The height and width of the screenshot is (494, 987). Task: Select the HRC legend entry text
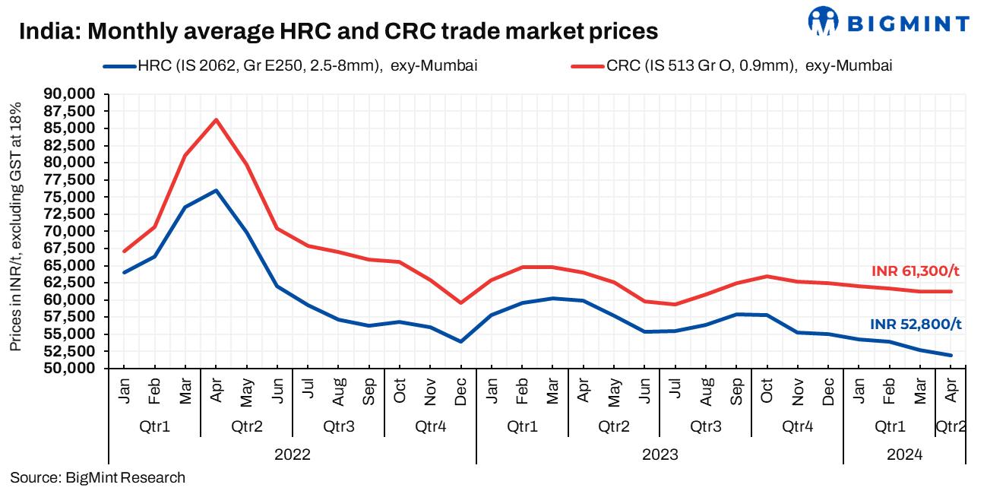click(x=307, y=66)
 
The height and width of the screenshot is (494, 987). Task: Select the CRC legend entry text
click(x=748, y=66)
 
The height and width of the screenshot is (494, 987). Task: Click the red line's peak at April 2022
click(x=216, y=119)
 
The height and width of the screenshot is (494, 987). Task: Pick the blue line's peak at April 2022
click(x=216, y=191)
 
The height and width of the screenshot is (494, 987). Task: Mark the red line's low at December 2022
click(x=461, y=302)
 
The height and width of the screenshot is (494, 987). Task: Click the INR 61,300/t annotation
click(x=916, y=271)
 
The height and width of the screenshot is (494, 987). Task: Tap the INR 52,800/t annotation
click(x=916, y=325)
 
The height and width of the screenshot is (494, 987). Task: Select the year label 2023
click(x=660, y=454)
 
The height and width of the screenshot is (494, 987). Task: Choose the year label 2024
click(x=904, y=454)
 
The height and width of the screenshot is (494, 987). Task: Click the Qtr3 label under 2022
click(x=338, y=427)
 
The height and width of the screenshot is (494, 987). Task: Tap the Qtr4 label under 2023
click(x=797, y=427)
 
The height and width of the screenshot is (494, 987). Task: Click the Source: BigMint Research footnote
click(x=97, y=478)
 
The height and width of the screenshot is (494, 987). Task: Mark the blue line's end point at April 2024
click(x=950, y=355)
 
